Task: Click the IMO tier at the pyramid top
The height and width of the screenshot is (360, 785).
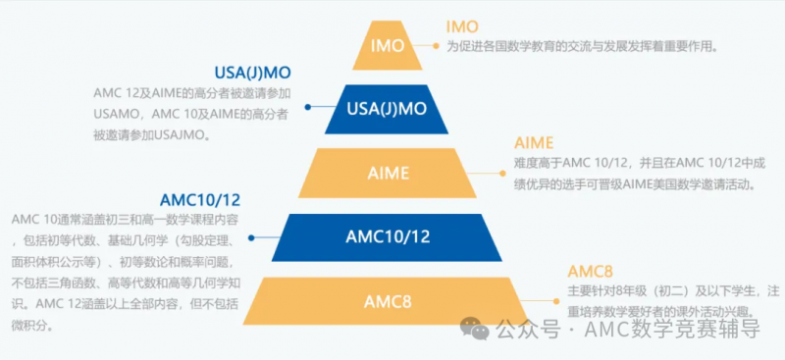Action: (387, 45)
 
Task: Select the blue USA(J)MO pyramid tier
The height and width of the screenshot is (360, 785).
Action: (387, 109)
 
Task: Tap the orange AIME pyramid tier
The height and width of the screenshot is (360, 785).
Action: (388, 173)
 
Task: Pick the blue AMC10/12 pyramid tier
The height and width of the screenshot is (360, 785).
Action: (387, 236)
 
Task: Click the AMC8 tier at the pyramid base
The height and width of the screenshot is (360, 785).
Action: (387, 301)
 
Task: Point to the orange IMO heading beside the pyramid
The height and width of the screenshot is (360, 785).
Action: (462, 26)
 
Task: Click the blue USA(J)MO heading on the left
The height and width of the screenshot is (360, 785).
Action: (252, 74)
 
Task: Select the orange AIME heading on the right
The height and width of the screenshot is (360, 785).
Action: (534, 143)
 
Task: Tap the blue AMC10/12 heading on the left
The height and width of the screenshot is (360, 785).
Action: (200, 200)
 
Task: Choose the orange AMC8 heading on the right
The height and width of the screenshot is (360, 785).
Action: (591, 272)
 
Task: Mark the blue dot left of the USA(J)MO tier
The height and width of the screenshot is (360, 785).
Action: (308, 107)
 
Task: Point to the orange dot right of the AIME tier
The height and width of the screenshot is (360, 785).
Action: (502, 174)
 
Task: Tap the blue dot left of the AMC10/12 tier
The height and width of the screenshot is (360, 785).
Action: (251, 237)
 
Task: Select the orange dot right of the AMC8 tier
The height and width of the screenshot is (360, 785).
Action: (556, 301)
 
